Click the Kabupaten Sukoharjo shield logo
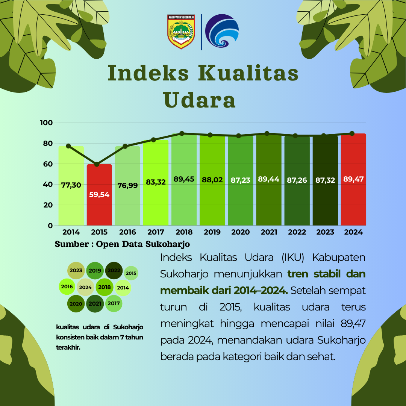[x=181, y=32]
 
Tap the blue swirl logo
[x=222, y=31]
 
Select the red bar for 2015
[x=99, y=195]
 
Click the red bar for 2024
[x=353, y=179]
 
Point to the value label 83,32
[x=156, y=182]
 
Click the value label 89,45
[x=184, y=179]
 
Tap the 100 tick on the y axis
[x=46, y=123]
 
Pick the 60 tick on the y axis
[x=48, y=164]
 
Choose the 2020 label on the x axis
[x=240, y=232]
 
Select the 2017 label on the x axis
[x=156, y=232]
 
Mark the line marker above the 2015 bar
[x=97, y=164]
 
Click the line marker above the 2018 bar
[x=182, y=133]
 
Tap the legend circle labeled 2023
[x=76, y=271]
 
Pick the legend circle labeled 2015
[x=131, y=273]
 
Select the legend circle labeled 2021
[x=95, y=304]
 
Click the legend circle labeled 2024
[x=85, y=288]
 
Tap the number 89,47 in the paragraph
[x=353, y=324]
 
